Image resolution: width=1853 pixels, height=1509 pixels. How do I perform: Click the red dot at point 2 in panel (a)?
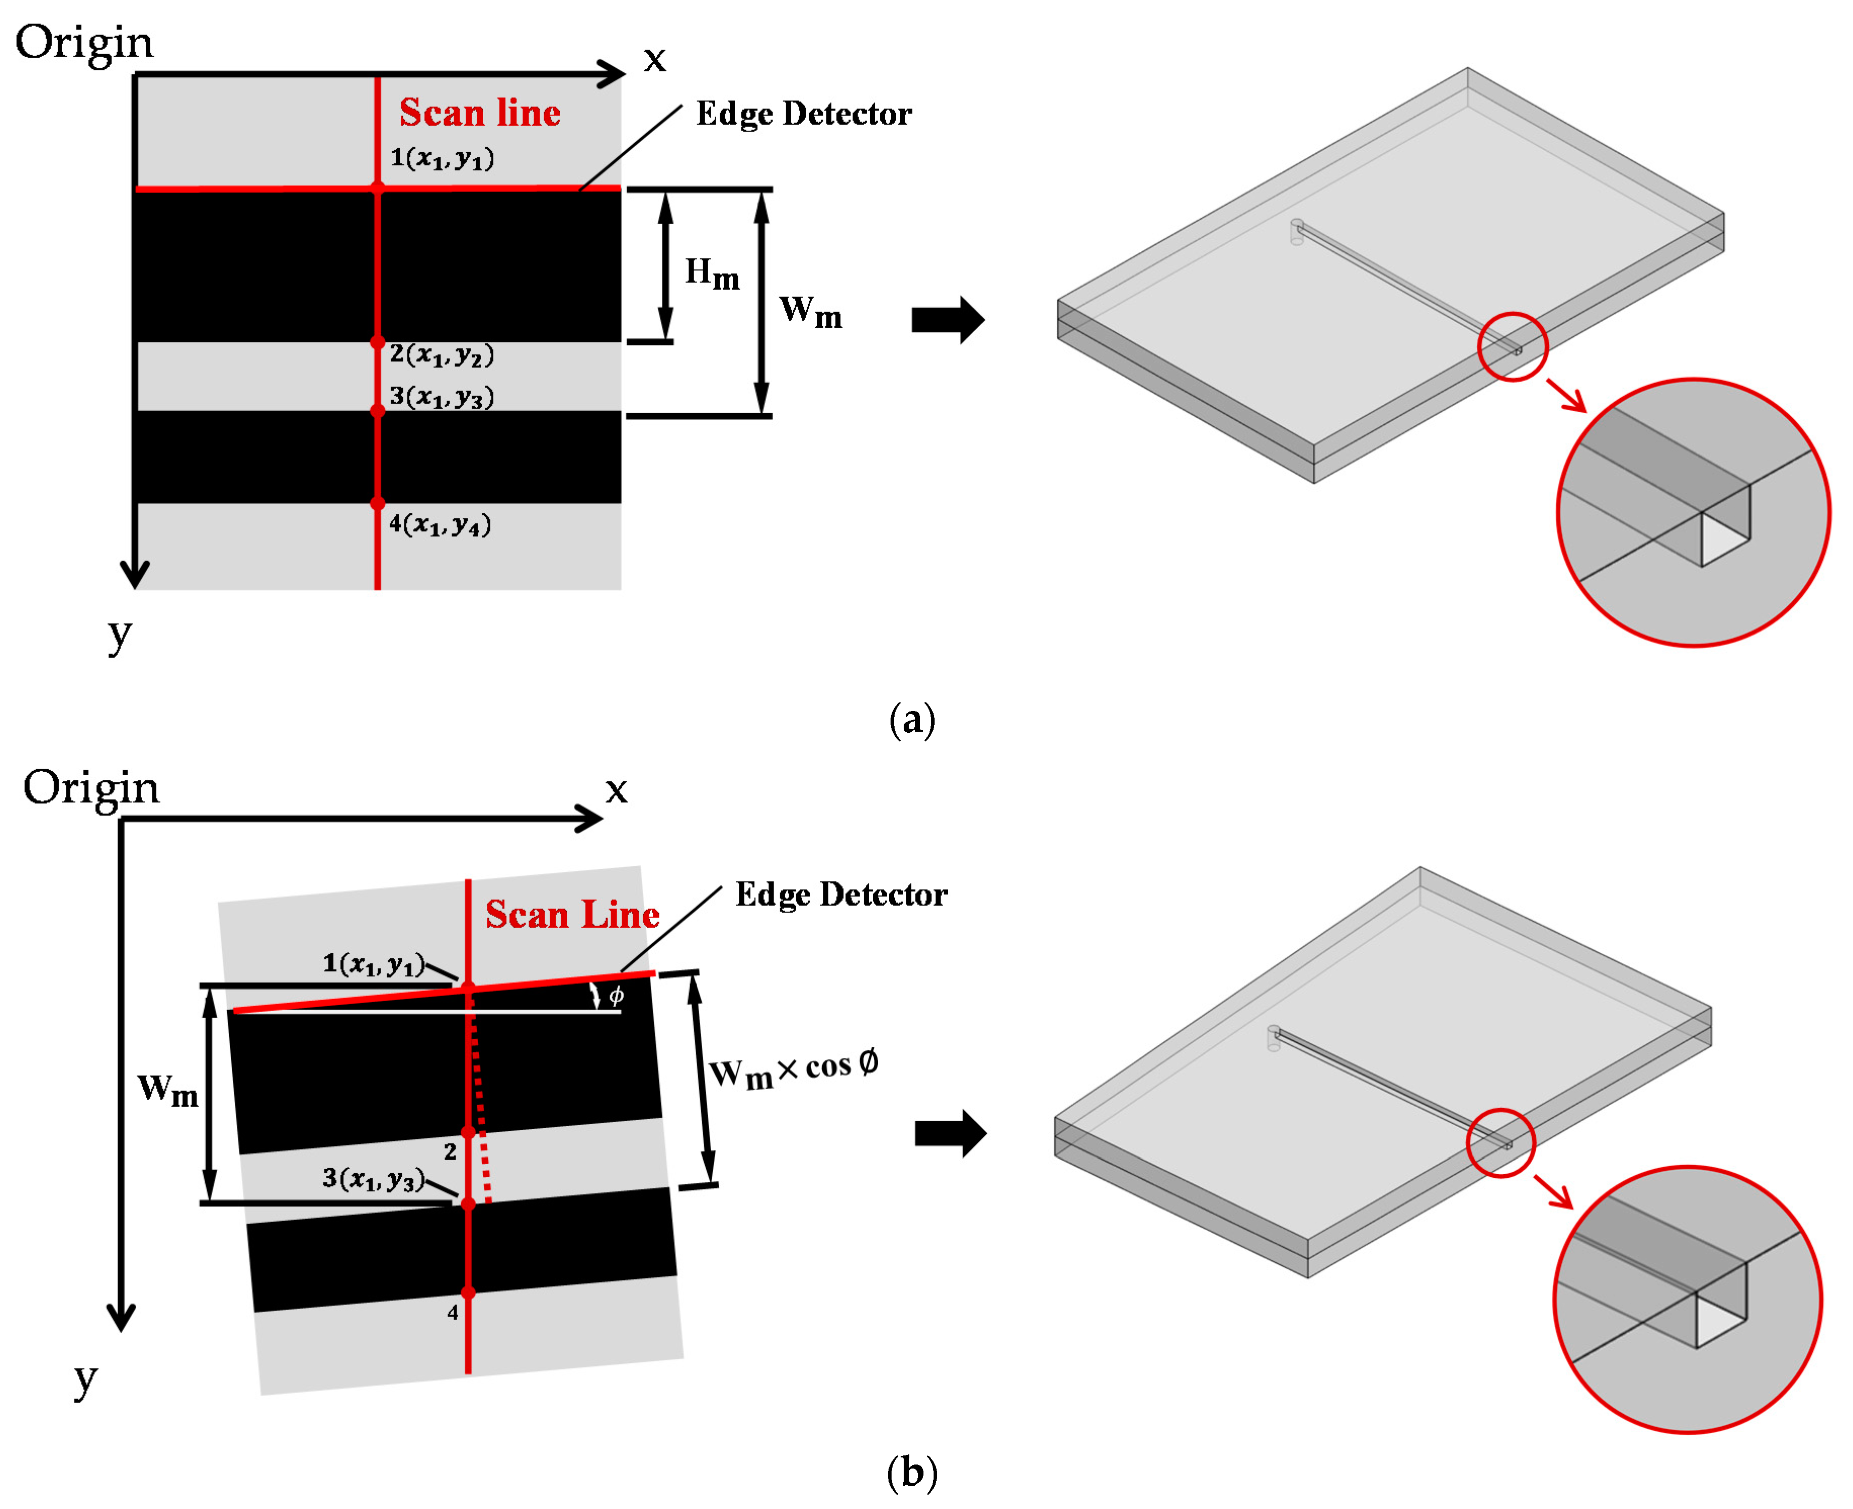point(377,342)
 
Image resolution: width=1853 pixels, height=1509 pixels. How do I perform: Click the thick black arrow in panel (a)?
point(947,320)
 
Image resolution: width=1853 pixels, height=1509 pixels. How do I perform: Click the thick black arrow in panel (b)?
point(950,1133)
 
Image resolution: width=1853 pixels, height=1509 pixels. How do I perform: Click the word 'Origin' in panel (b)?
point(91,787)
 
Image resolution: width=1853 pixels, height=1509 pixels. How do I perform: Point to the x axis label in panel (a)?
point(654,59)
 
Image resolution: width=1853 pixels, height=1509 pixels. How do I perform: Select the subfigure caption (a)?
point(911,720)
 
